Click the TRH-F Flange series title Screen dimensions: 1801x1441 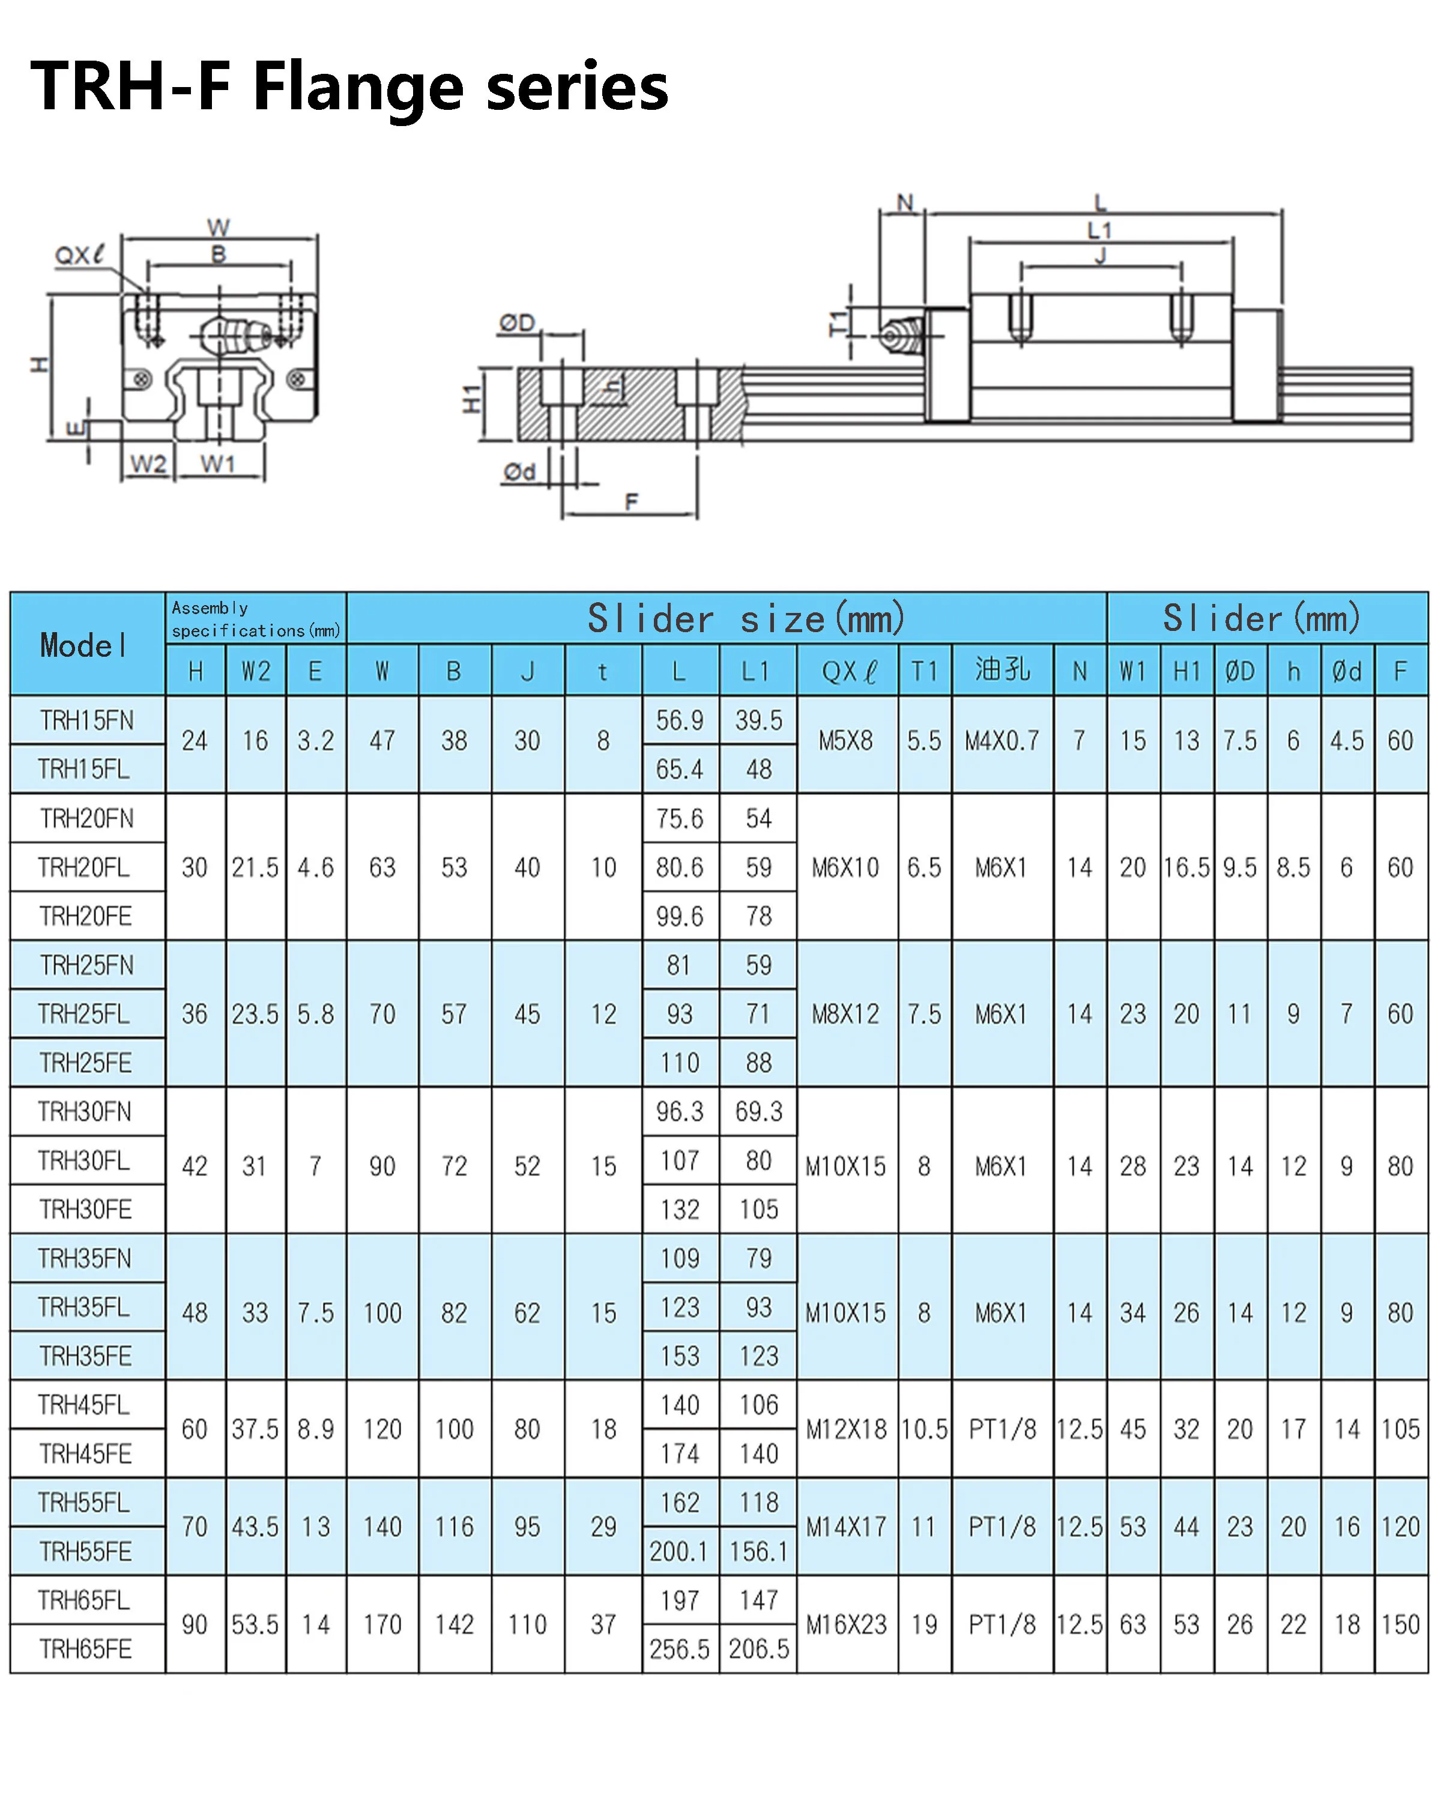[x=349, y=87]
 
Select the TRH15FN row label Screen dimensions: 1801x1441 [x=87, y=720]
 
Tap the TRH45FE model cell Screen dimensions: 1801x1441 [x=86, y=1453]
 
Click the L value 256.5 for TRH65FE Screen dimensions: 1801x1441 [x=679, y=1649]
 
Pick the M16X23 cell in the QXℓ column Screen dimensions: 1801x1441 [x=846, y=1625]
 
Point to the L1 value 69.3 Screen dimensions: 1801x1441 [x=758, y=1112]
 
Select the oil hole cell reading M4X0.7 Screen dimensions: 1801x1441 [x=1001, y=741]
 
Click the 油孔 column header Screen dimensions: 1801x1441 [x=1001, y=670]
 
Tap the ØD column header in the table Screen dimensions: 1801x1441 [x=1240, y=671]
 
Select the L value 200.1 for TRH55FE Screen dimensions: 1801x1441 [x=679, y=1551]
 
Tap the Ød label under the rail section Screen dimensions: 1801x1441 [x=519, y=472]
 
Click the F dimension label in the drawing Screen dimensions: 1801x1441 [x=632, y=501]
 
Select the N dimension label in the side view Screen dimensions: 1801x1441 [x=905, y=202]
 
